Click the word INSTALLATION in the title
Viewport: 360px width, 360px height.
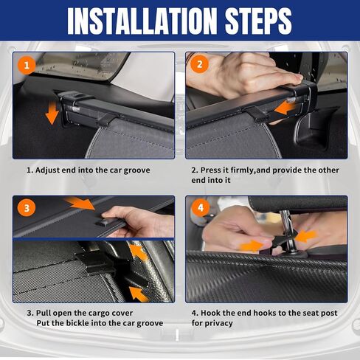(142, 21)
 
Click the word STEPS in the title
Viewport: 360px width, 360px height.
(258, 21)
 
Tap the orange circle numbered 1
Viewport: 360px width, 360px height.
(27, 66)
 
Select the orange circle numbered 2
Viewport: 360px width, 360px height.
(199, 64)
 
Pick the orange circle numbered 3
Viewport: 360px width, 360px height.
(27, 208)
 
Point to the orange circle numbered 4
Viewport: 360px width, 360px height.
(201, 208)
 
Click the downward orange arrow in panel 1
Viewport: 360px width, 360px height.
(52, 113)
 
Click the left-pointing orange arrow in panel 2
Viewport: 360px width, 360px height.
(285, 108)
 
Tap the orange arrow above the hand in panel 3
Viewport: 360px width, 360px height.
(80, 203)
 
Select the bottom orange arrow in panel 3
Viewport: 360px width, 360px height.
(139, 294)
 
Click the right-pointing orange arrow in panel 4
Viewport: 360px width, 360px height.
(252, 246)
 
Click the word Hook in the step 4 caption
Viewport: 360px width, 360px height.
(211, 313)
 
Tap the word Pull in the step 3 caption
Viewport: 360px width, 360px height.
(44, 313)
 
